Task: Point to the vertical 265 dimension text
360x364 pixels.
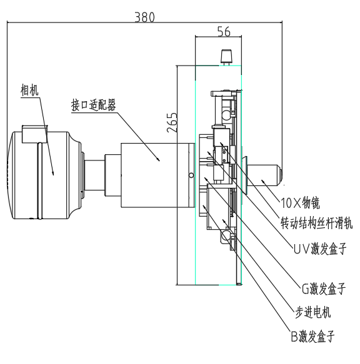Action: pyautogui.click(x=172, y=123)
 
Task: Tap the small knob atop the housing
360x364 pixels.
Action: pyautogui.click(x=225, y=57)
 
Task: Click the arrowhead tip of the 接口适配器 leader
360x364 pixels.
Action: pyautogui.click(x=160, y=162)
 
